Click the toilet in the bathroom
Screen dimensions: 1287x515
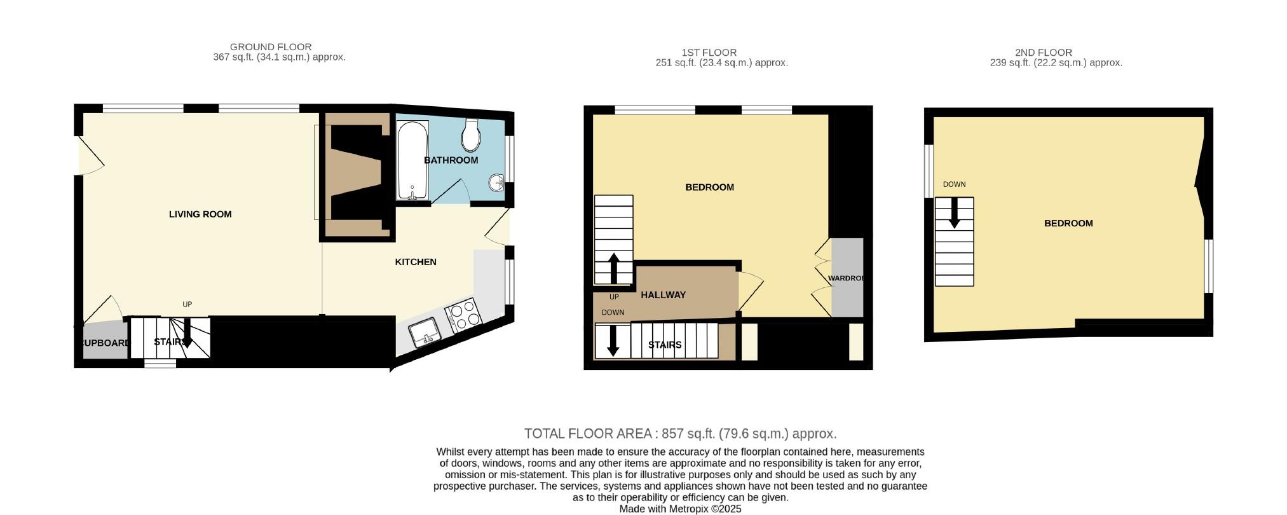[x=471, y=134]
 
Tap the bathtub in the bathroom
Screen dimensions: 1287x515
[x=412, y=160]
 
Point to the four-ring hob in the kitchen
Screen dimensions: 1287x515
[x=463, y=313]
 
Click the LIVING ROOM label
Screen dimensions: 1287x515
[x=200, y=214]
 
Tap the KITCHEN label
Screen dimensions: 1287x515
[x=416, y=262]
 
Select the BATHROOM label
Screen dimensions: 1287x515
[x=451, y=160]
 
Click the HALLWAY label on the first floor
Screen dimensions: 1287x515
[x=664, y=295]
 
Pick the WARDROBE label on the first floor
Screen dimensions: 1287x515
[x=846, y=278]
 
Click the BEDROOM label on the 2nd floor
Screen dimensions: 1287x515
[x=1068, y=223]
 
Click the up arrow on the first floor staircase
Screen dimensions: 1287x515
[x=614, y=268]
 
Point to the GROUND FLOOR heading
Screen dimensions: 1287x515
[x=271, y=47]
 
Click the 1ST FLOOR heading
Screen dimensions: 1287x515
[x=709, y=53]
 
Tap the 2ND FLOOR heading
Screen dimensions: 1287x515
[x=1044, y=53]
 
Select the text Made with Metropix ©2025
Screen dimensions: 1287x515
[x=681, y=509]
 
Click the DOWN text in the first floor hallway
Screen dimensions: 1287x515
[x=613, y=313]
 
